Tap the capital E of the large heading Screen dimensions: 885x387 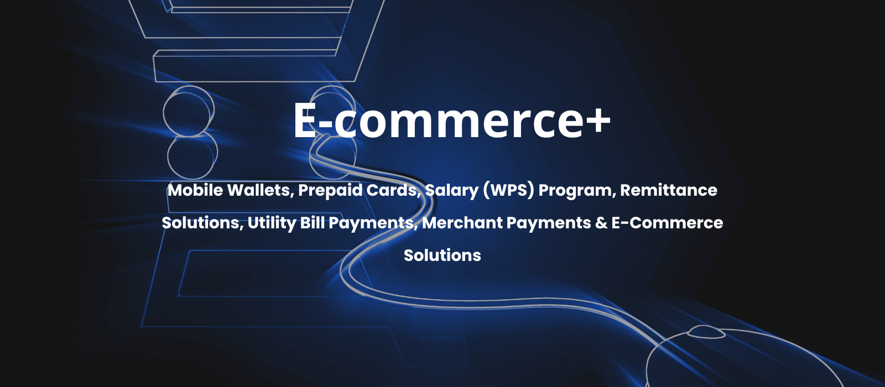(x=306, y=119)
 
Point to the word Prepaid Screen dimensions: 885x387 (x=330, y=191)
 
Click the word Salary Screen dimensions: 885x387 (x=451, y=191)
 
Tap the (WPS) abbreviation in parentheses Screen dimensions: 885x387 (x=508, y=191)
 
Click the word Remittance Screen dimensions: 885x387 (x=669, y=190)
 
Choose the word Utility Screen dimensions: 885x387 (x=272, y=223)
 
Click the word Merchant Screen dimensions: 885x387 (x=462, y=223)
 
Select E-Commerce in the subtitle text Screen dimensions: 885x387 (x=667, y=223)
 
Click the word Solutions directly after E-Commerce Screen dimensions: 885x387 (x=442, y=255)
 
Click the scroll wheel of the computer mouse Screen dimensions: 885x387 (x=706, y=332)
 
